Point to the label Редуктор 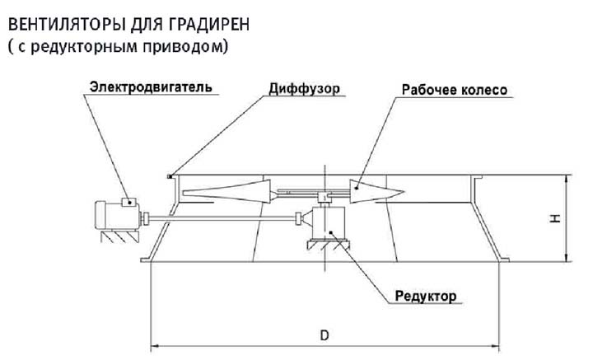425,294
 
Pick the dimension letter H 556,217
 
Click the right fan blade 375,191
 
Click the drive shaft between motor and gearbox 222,218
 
